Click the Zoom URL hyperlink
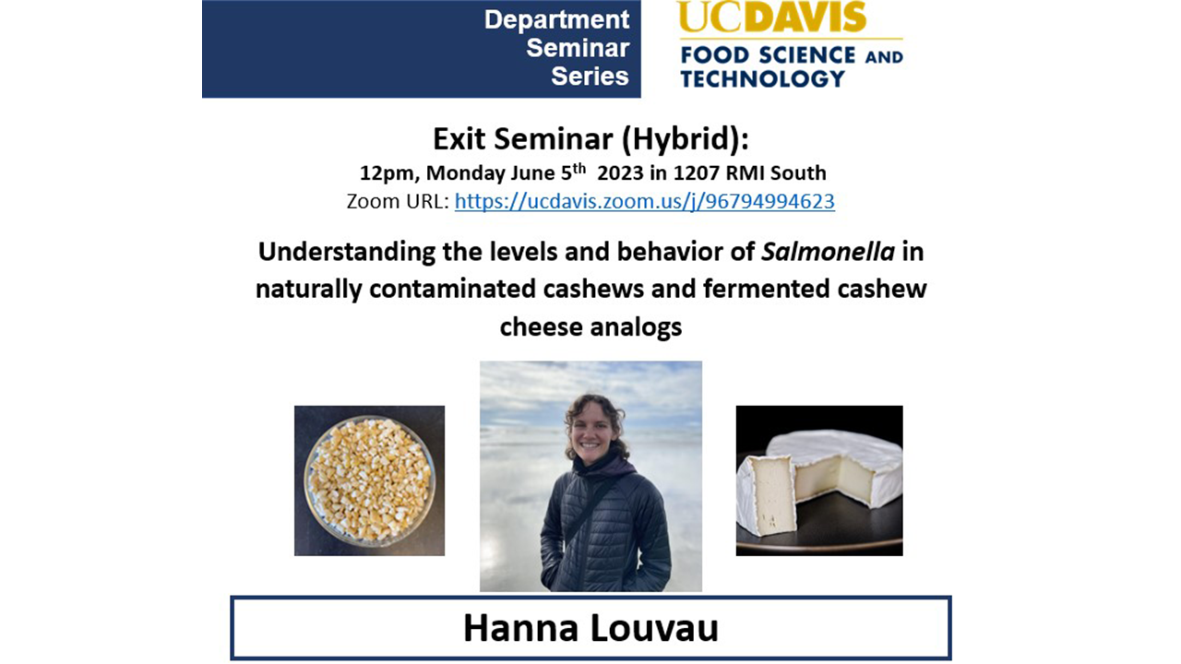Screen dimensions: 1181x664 pos(645,201)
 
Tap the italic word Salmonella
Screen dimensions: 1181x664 pos(828,252)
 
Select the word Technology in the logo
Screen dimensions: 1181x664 pos(763,79)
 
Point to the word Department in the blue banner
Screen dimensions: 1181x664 pos(556,20)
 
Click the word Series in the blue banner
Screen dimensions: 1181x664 pos(590,77)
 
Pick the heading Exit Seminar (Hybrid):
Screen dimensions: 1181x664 pos(590,139)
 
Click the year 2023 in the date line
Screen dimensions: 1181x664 pos(621,172)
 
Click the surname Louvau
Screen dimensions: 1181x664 pos(654,628)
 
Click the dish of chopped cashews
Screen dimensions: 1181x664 pos(370,480)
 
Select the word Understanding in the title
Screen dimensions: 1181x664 pos(346,253)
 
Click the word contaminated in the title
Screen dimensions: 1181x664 pos(453,290)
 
